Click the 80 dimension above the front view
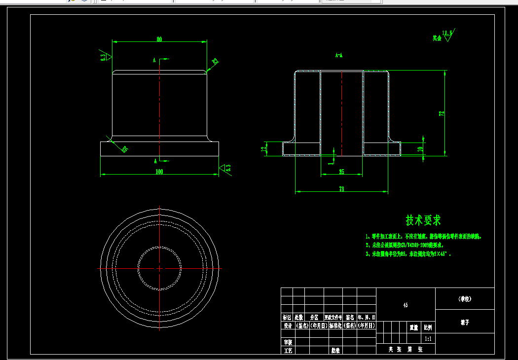[159, 39]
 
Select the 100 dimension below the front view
[159, 172]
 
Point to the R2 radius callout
[215, 62]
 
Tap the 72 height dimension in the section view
[442, 113]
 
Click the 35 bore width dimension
[341, 172]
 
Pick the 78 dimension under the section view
[341, 189]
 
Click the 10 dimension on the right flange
[420, 148]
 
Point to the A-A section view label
[339, 55]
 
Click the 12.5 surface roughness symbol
[447, 35]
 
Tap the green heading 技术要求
[423, 220]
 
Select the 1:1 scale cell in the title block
[428, 339]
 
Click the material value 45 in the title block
[406, 305]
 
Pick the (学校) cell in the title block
[464, 299]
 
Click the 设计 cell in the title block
[287, 326]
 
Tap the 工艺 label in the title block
[287, 351]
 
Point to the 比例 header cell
[428, 327]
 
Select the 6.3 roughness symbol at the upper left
[103, 57]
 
